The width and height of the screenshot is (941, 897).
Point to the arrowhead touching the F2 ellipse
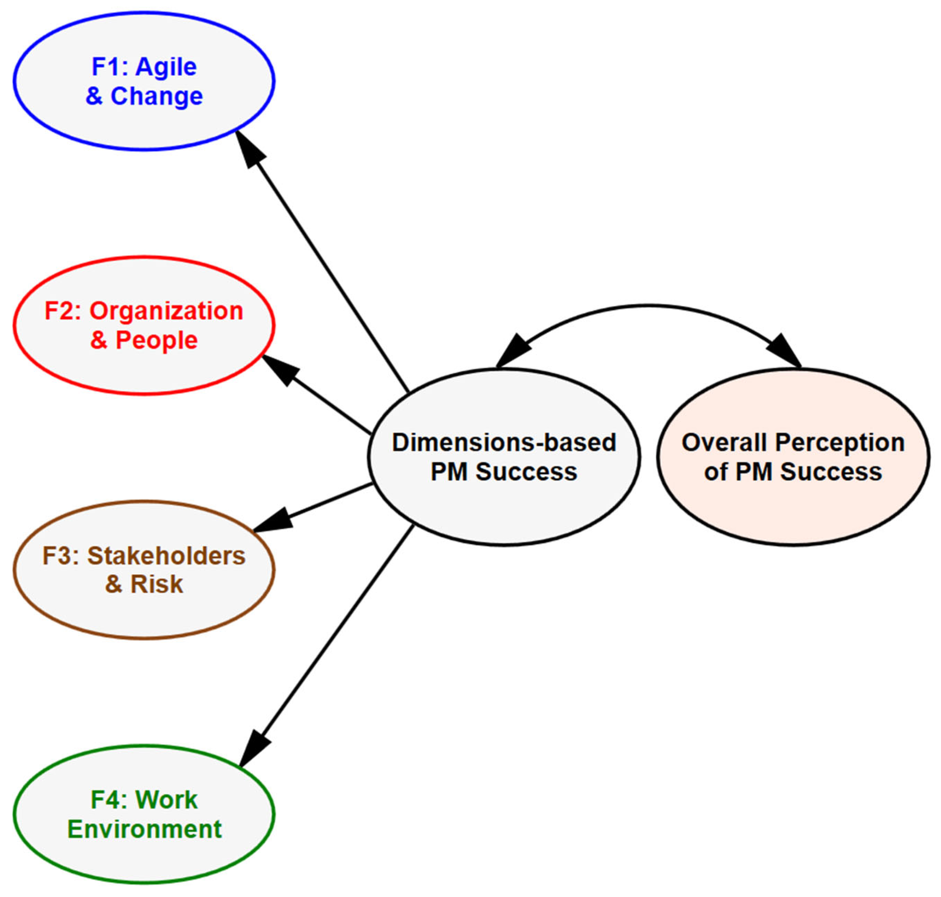click(x=280, y=369)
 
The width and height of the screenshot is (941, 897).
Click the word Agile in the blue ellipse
click(x=166, y=66)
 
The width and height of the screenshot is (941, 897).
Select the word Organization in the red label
click(x=166, y=311)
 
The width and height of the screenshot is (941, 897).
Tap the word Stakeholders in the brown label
click(x=166, y=556)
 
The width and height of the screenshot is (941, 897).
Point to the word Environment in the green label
click(x=144, y=829)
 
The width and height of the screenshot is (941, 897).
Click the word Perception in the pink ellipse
click(x=840, y=442)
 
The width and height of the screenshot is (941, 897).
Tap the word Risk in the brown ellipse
click(x=157, y=584)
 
